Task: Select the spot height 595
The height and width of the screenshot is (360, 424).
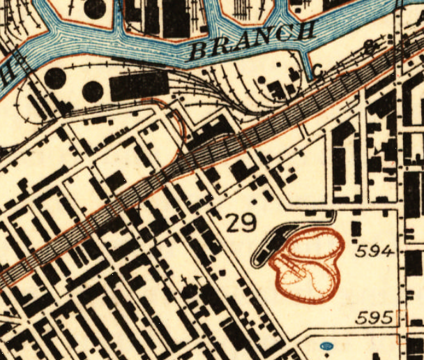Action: [374, 318]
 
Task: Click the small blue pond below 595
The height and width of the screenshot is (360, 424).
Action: [324, 345]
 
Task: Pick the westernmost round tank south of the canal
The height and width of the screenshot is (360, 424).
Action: [55, 78]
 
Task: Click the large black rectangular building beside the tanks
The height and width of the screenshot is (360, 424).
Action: [136, 86]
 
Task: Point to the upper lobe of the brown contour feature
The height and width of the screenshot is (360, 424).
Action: [314, 245]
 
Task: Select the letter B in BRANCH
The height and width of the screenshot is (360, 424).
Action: [201, 50]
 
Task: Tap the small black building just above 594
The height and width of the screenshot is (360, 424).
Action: [356, 229]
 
